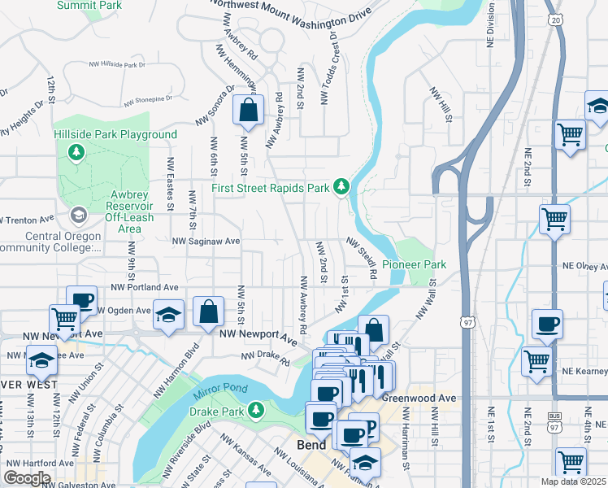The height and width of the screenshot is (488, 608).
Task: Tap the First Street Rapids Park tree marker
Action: pos(342,187)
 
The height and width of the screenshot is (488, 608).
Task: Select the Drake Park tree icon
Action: pos(256,407)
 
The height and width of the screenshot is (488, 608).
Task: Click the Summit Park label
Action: pos(90,5)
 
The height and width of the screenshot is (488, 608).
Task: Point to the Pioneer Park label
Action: pos(415,265)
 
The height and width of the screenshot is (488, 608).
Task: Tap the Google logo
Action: pos(28,478)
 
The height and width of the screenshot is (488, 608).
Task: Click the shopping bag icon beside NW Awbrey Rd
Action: pos(248,110)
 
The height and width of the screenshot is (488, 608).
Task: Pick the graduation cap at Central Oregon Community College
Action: pos(78,215)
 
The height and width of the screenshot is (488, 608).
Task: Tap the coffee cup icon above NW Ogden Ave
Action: pos(81,301)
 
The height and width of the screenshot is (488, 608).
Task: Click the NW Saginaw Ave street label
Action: pos(206,242)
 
